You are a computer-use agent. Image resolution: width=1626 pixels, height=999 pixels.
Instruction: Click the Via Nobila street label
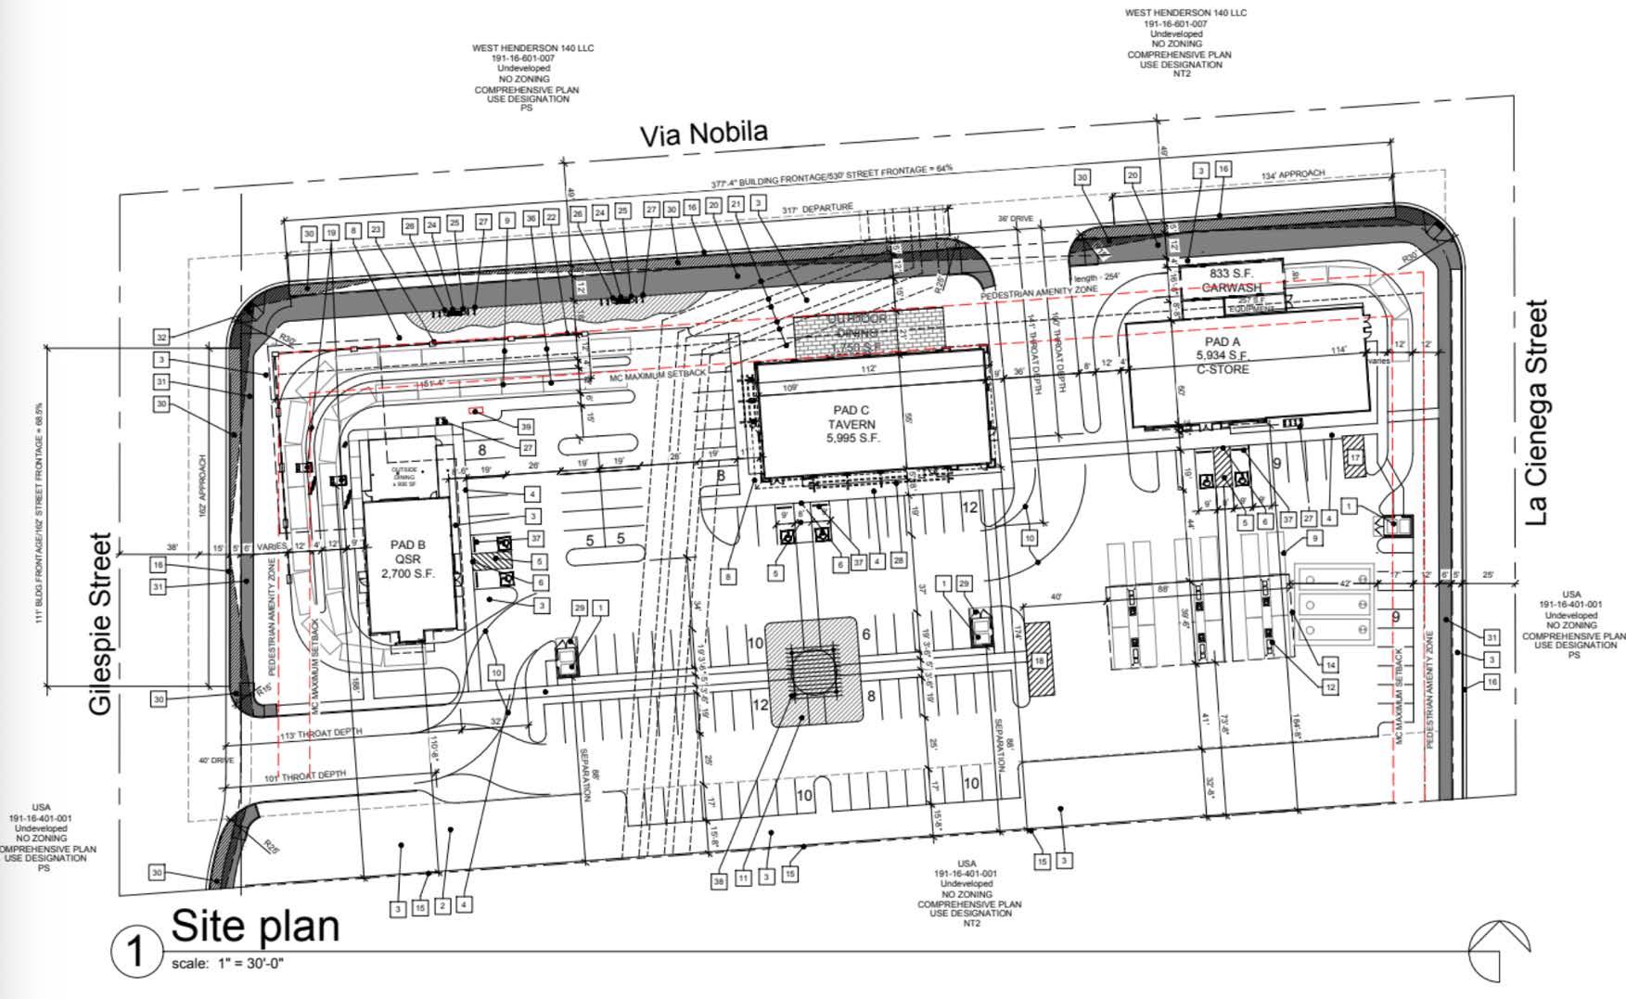pos(704,134)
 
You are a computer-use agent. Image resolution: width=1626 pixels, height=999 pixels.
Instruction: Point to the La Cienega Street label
pos(1537,412)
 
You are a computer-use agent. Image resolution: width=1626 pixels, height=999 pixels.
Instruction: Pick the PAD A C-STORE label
pos(1222,355)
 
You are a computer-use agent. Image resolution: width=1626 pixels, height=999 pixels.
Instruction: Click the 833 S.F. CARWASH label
pos(1232,280)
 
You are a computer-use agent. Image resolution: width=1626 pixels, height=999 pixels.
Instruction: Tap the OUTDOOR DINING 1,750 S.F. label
pos(864,333)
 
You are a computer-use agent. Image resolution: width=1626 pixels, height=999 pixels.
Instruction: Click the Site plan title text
pos(255,925)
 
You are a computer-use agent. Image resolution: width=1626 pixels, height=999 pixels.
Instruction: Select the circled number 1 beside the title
pos(135,952)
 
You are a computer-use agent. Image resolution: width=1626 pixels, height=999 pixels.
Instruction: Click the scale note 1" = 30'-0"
pos(227,964)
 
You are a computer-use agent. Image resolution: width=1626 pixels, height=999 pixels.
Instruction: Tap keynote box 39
pos(526,427)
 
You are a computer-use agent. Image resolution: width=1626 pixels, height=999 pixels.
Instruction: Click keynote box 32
pos(161,338)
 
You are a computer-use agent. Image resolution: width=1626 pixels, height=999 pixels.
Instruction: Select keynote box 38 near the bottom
pos(719,882)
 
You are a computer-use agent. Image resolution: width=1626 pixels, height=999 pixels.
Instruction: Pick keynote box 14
pos(1330,664)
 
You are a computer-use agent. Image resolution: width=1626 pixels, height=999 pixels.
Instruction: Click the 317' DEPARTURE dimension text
pos(816,209)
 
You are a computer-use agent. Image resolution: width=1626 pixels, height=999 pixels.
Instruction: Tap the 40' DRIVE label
pos(216,761)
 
